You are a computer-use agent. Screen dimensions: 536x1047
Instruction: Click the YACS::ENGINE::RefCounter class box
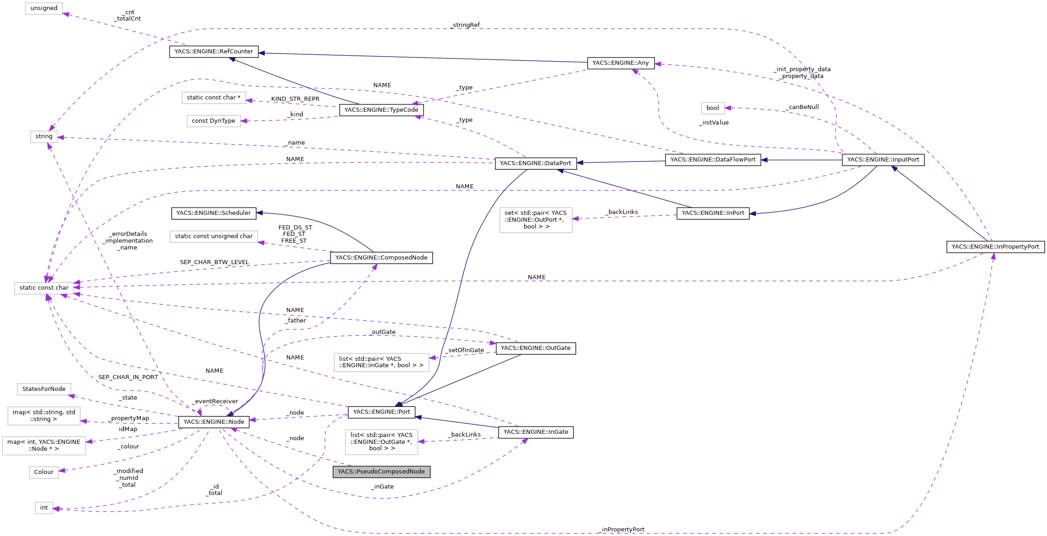[x=214, y=52]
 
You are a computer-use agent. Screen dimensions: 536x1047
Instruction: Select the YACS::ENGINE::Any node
[x=620, y=63]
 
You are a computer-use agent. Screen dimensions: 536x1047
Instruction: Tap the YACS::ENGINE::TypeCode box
[x=381, y=110]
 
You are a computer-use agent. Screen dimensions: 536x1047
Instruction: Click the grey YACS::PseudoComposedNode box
[x=381, y=472]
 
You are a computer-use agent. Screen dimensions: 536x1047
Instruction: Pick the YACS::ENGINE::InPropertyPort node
[x=995, y=247]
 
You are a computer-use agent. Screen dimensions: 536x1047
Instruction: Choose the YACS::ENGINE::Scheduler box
[x=213, y=213]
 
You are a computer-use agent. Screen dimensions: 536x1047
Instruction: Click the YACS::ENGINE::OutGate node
[x=536, y=348]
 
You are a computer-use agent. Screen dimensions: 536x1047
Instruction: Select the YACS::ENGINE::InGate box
[x=536, y=432]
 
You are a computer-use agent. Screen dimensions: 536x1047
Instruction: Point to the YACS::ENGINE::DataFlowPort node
[x=713, y=160]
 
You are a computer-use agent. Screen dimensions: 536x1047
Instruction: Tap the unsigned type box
[x=44, y=8]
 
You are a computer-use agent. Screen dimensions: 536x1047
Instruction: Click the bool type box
[x=712, y=108]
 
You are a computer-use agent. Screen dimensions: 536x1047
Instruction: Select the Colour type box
[x=44, y=472]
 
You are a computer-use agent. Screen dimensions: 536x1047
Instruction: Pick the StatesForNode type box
[x=44, y=389]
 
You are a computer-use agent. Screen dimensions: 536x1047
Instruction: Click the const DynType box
[x=213, y=121]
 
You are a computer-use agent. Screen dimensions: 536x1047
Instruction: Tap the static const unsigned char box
[x=213, y=236]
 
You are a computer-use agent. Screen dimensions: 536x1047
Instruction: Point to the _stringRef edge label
[x=465, y=25]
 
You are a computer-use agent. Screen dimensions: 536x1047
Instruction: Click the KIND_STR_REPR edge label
[x=295, y=99]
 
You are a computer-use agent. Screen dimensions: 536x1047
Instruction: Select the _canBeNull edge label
[x=802, y=107]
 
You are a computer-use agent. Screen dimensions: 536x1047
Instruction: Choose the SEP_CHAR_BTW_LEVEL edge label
[x=214, y=262]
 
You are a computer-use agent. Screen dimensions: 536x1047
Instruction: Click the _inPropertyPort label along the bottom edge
[x=622, y=530]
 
